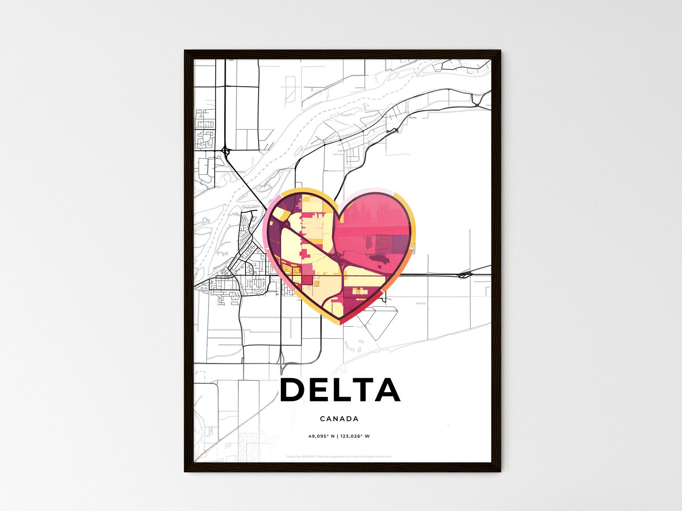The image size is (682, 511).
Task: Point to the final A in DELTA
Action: tap(387, 390)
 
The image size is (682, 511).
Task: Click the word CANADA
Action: tap(339, 419)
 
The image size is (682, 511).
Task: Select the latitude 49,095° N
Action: tap(321, 436)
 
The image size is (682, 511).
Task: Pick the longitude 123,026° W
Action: tap(355, 436)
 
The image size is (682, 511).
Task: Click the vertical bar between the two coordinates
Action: tap(337, 436)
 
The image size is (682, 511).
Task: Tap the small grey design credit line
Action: tap(339, 456)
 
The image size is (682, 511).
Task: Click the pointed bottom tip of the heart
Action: tap(339, 324)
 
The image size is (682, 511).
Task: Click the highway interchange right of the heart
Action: tap(465, 274)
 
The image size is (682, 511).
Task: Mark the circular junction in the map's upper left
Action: tap(225, 151)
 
